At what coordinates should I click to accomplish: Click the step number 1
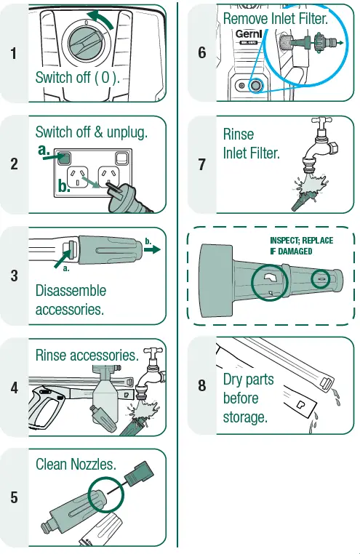pyautogui.click(x=15, y=53)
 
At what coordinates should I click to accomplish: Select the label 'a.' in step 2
pyautogui.click(x=46, y=149)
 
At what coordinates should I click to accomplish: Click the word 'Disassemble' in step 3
pyautogui.click(x=71, y=291)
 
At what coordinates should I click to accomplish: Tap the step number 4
pyautogui.click(x=15, y=388)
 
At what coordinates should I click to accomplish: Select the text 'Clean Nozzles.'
pyautogui.click(x=75, y=465)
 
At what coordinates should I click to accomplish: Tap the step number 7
pyautogui.click(x=201, y=164)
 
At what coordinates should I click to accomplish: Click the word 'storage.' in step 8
pyautogui.click(x=245, y=418)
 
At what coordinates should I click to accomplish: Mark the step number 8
pyautogui.click(x=201, y=386)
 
